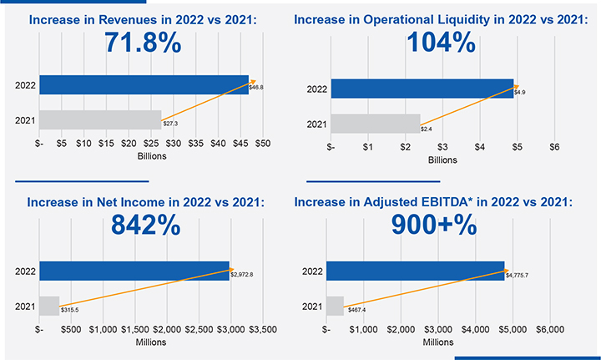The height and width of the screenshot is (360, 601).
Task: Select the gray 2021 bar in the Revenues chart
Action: (100, 120)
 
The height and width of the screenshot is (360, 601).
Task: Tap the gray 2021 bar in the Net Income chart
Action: (49, 306)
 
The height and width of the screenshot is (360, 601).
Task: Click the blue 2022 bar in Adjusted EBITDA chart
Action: (415, 271)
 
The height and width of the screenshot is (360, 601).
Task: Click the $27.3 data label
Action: (170, 124)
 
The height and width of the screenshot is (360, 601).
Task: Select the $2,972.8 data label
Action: (242, 273)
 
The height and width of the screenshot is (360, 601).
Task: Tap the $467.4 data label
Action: (357, 309)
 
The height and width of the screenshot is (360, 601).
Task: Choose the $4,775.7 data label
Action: (518, 273)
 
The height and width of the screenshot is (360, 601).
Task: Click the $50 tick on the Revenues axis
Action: (262, 144)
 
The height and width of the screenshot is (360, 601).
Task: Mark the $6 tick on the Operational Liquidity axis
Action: (553, 147)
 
